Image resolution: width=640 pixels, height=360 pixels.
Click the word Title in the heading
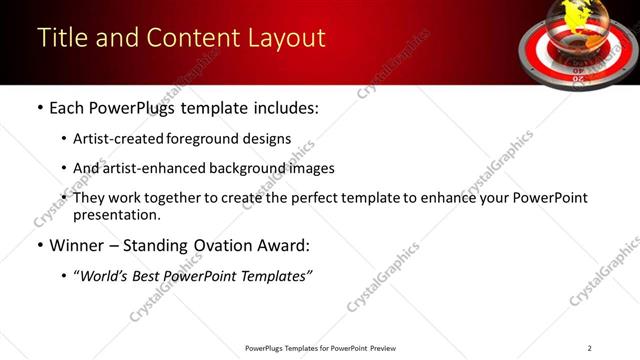point(60,38)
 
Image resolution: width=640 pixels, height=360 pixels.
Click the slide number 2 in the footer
point(589,348)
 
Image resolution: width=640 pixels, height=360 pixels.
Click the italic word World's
point(107,275)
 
